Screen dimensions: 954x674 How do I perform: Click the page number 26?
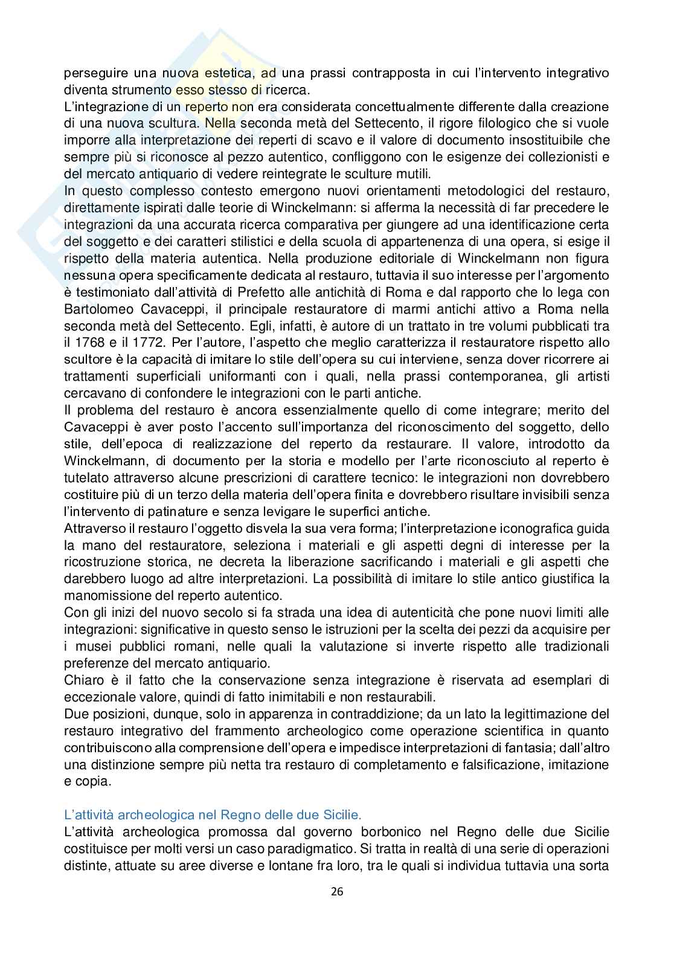337,892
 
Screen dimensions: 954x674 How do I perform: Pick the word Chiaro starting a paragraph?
82,680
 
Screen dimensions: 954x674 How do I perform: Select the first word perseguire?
94,73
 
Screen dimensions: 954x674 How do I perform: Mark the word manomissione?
107,596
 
